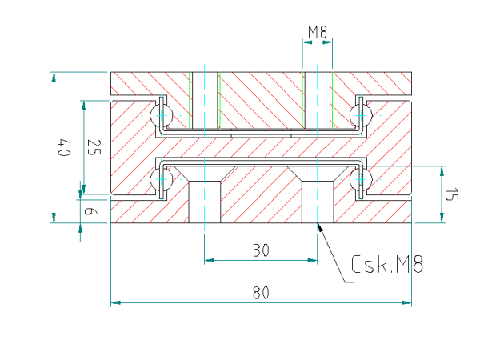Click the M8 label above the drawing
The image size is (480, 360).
click(318, 32)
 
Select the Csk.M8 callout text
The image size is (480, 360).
click(387, 264)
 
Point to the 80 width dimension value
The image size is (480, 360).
click(261, 292)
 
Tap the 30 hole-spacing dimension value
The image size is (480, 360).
click(261, 250)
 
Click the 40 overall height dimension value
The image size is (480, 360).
click(65, 147)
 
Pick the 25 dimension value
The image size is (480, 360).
click(94, 147)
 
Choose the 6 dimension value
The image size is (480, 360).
click(91, 211)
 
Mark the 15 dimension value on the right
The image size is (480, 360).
click(451, 194)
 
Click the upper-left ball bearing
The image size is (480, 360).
click(162, 115)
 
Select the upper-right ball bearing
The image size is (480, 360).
click(362, 115)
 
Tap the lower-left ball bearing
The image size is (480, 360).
click(162, 179)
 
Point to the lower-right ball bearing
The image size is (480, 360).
click(362, 179)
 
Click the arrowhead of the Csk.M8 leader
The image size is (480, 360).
click(318, 226)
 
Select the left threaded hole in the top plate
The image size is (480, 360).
click(205, 101)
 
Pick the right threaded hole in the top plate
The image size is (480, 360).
click(317, 101)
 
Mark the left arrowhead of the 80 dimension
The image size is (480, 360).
click(115, 302)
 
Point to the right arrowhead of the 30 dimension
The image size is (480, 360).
click(312, 260)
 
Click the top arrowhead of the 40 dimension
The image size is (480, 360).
click(54, 77)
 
